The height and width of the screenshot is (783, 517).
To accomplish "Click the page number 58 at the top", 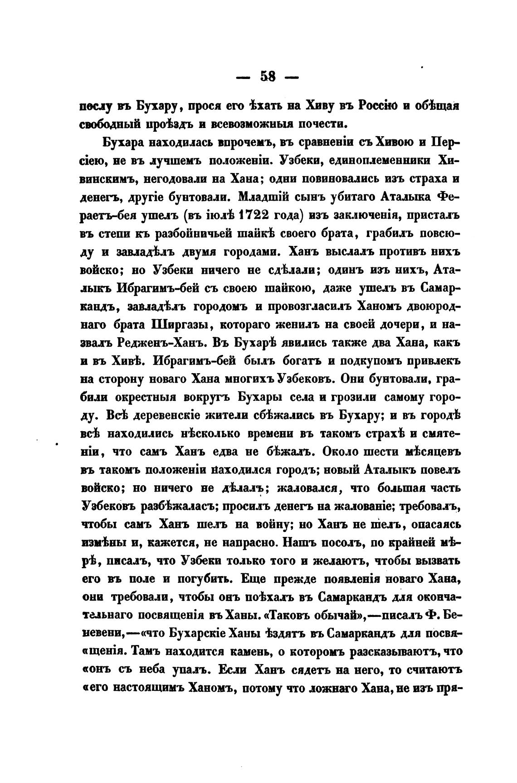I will [x=268, y=76].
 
